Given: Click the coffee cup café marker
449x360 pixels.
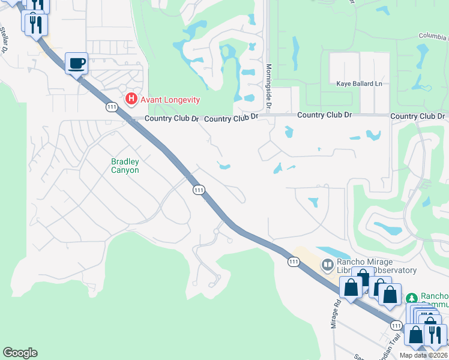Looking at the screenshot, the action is coord(76,63).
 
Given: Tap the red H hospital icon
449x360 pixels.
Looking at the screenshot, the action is coord(130,99).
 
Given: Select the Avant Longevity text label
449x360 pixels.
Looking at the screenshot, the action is coord(170,100).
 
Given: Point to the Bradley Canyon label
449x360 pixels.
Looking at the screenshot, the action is coord(125,166).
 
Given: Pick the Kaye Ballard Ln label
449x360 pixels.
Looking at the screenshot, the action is coord(359,84).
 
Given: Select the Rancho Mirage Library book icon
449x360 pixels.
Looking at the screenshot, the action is coord(327,265).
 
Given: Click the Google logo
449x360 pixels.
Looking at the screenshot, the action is coord(20,353).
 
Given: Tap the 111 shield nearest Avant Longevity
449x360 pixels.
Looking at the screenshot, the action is coord(111,107).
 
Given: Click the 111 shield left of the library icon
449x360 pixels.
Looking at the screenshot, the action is coord(293,262).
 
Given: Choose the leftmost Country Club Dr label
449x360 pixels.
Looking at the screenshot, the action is coord(171,119).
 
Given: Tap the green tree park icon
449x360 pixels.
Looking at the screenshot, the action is coord(412,298).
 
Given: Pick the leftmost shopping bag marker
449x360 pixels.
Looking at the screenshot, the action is coord(351,287).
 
